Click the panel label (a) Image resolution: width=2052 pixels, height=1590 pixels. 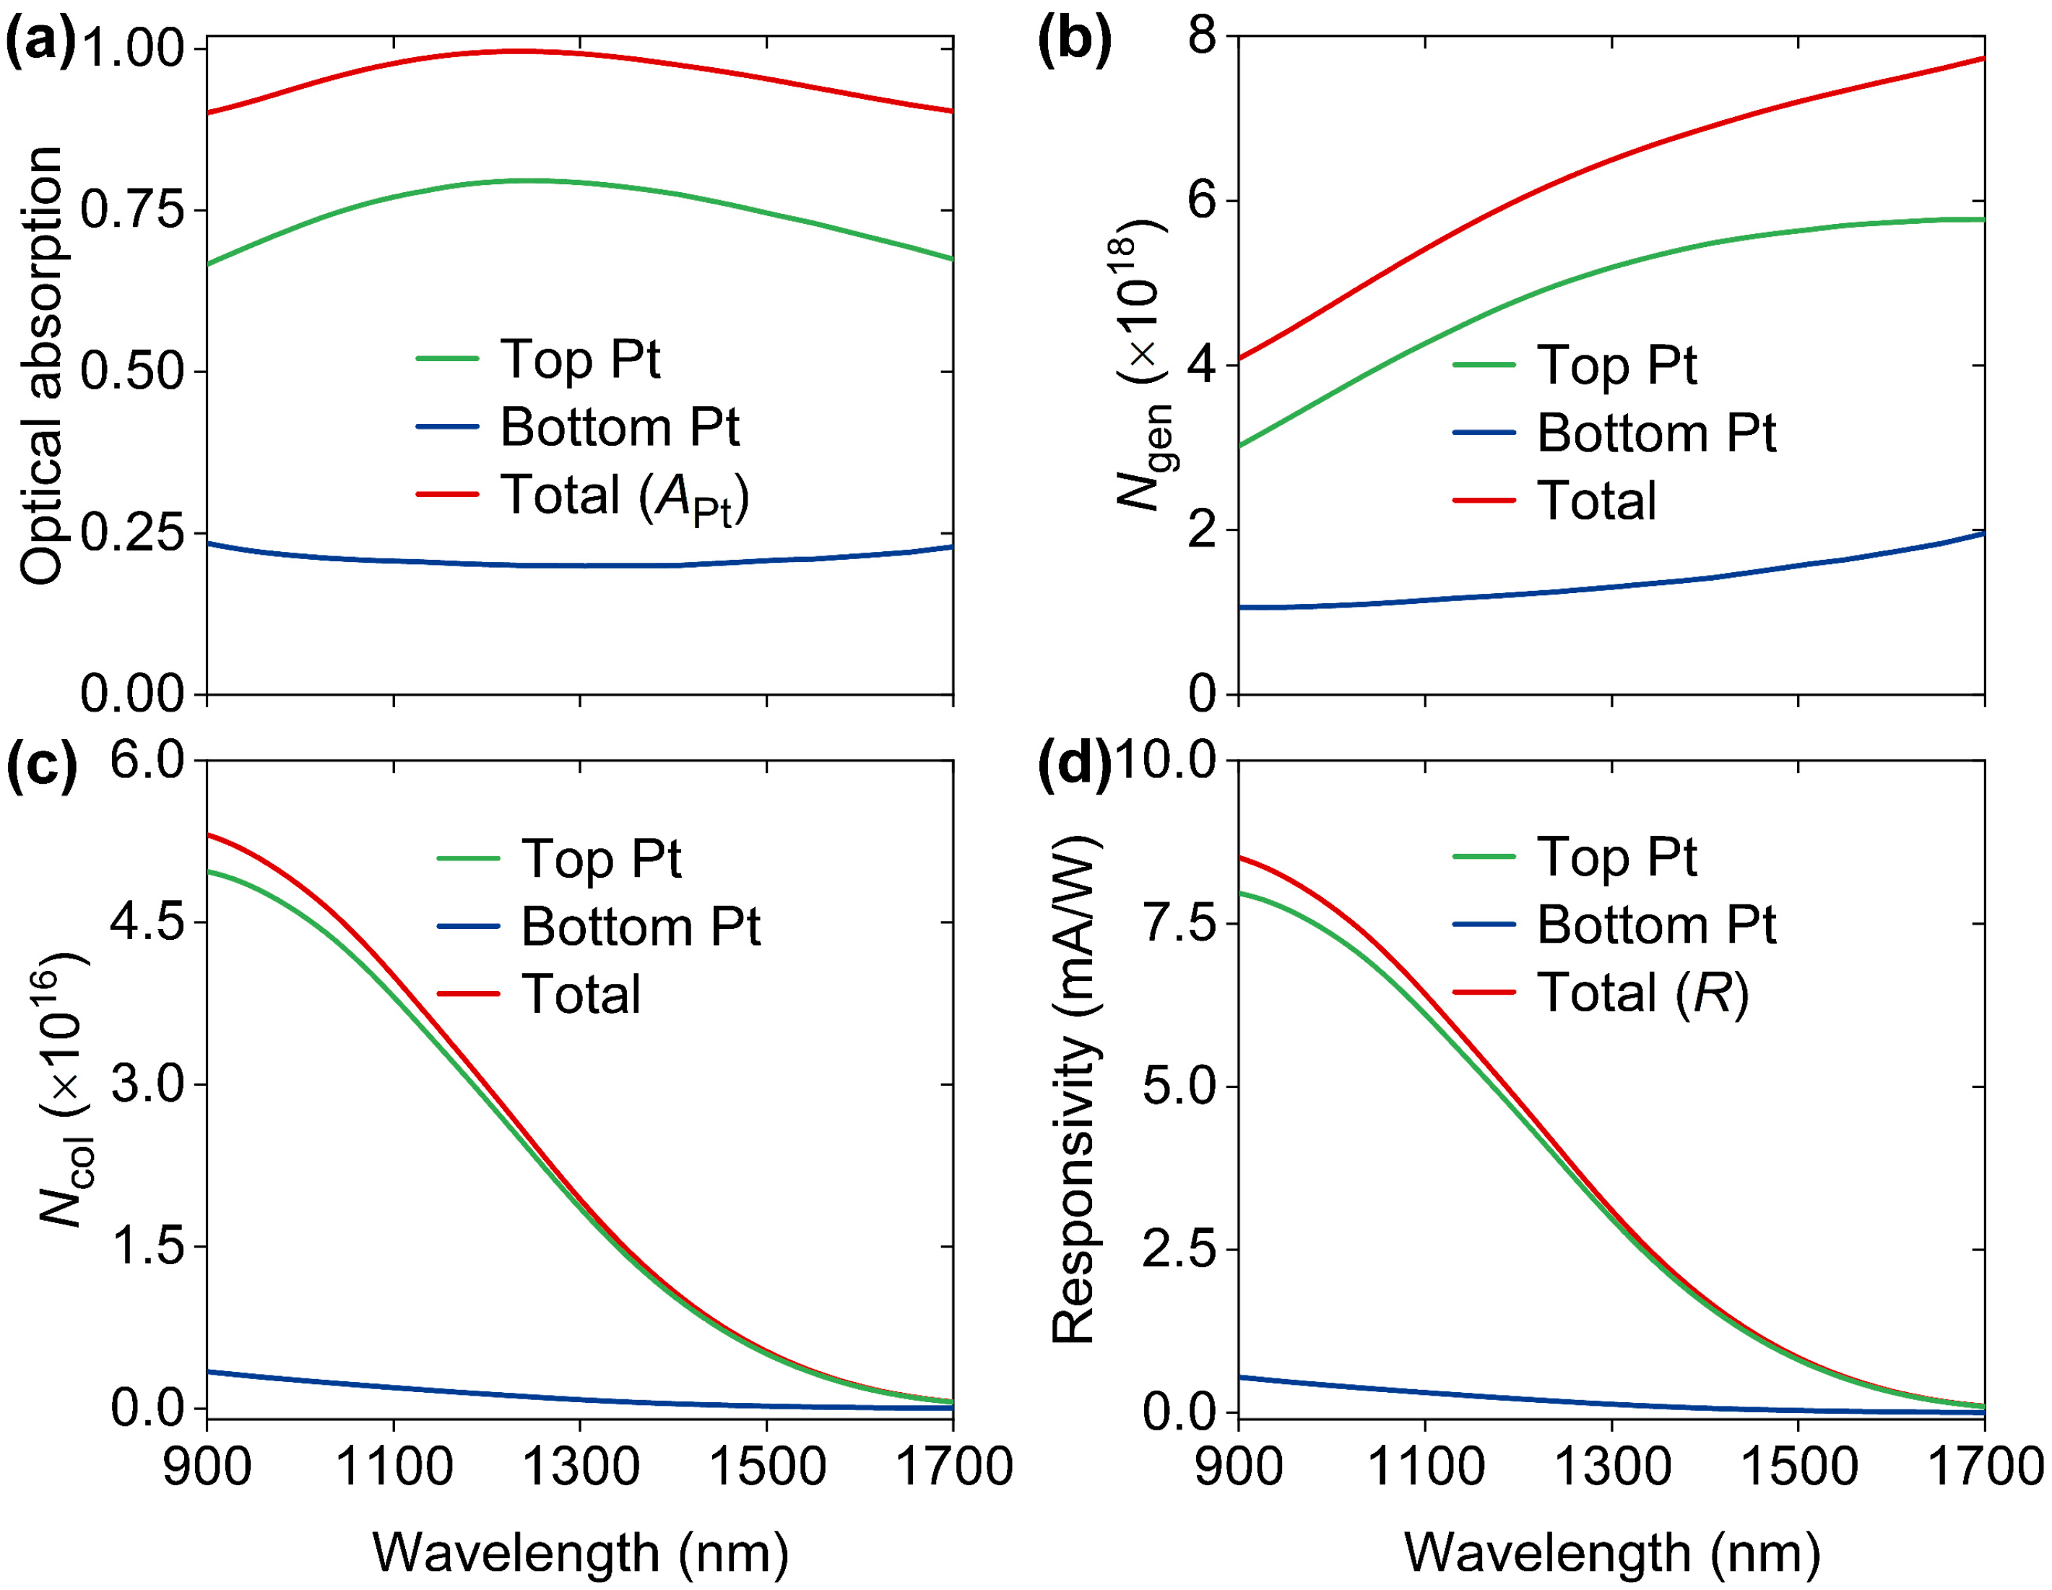click(40, 43)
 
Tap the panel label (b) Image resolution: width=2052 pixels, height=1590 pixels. click(1074, 43)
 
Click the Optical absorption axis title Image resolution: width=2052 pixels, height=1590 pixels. click(43, 366)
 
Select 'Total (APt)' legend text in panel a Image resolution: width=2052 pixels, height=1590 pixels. click(624, 496)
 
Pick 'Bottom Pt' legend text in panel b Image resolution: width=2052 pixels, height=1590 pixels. click(1655, 433)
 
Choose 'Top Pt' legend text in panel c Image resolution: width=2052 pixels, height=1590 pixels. click(602, 858)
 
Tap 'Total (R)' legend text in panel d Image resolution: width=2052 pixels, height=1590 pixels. click(1642, 993)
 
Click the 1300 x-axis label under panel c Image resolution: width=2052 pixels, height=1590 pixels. click(580, 1465)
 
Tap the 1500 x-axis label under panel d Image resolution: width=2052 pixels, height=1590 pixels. click(1799, 1465)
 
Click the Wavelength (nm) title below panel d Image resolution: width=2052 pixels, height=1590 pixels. click(1612, 1552)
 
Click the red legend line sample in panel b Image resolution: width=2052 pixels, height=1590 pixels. click(1484, 501)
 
